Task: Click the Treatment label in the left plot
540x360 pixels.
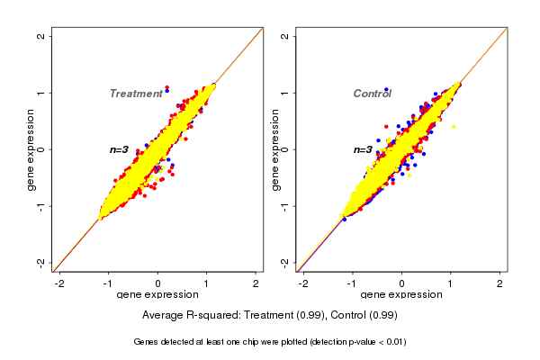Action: point(135,94)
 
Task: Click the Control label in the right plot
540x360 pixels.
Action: point(372,94)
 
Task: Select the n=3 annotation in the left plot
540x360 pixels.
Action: point(120,149)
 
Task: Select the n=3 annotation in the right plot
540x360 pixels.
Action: point(364,149)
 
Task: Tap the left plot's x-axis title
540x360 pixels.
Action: point(157,295)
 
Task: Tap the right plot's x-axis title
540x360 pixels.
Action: point(401,295)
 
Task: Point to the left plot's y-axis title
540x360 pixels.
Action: point(31,149)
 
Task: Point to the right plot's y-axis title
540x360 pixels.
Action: point(275,149)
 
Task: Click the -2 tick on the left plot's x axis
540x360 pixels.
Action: point(59,283)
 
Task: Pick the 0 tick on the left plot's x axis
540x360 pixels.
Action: point(157,283)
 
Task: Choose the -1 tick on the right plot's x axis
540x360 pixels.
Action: point(353,283)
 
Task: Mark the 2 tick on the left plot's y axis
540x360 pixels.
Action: point(41,36)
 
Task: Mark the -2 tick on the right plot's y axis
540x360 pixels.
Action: point(285,262)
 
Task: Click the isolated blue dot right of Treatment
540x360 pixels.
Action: point(166,90)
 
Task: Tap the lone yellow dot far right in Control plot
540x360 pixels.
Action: point(454,127)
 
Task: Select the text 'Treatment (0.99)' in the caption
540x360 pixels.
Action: point(278,316)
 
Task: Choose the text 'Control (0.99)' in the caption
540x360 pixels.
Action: point(361,316)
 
